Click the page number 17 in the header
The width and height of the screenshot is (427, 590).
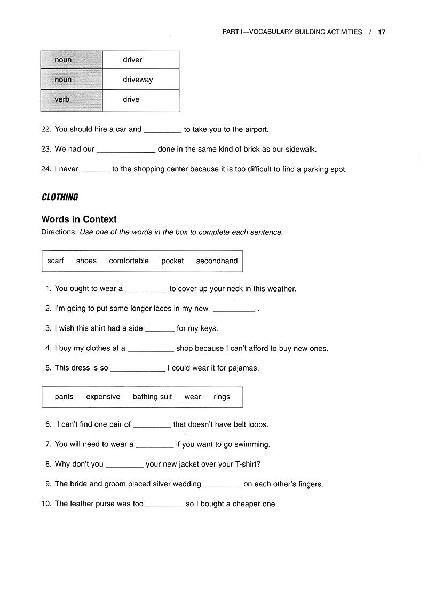pyautogui.click(x=382, y=32)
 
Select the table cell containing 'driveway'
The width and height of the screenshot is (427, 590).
pyautogui.click(x=141, y=80)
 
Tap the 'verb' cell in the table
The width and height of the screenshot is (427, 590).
pyautogui.click(x=71, y=100)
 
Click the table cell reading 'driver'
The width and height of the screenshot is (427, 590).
pyautogui.click(x=141, y=60)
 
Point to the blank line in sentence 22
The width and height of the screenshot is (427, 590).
pyautogui.click(x=163, y=130)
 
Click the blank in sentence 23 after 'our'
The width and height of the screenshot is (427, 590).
pyautogui.click(x=126, y=150)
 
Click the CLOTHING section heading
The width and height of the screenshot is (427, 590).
pyautogui.click(x=60, y=197)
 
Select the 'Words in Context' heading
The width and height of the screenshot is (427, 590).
pyautogui.click(x=79, y=219)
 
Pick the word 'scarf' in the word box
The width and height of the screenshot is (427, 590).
pyautogui.click(x=56, y=261)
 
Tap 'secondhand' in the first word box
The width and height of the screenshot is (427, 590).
pyautogui.click(x=217, y=261)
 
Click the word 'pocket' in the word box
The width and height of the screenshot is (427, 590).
pyautogui.click(x=172, y=261)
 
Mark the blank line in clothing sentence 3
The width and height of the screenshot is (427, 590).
pyautogui.click(x=160, y=329)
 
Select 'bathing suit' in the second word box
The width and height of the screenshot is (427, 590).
pyautogui.click(x=152, y=397)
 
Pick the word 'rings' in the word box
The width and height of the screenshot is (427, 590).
pyautogui.click(x=222, y=397)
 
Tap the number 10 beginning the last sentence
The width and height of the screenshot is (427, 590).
pyautogui.click(x=46, y=504)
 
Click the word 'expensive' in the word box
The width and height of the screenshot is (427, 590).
pyautogui.click(x=103, y=397)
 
